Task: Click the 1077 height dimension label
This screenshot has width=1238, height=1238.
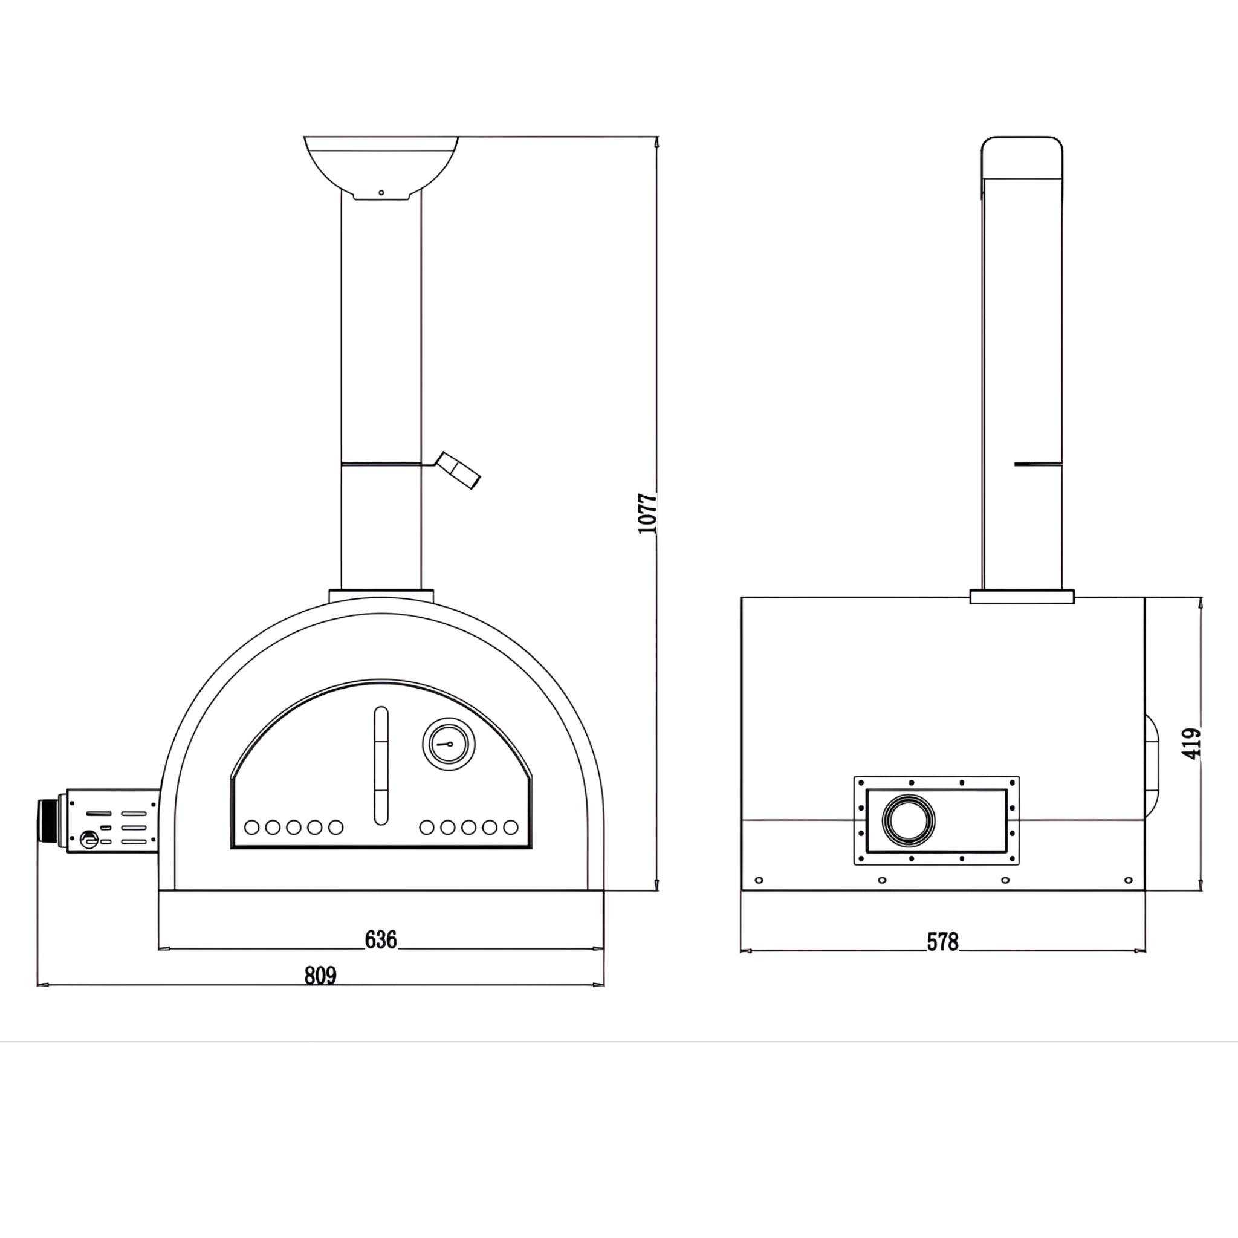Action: (x=649, y=513)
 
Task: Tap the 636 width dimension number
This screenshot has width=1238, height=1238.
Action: (x=381, y=940)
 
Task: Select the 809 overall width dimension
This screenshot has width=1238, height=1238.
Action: (x=320, y=976)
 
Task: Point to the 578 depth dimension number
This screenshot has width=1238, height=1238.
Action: (x=942, y=942)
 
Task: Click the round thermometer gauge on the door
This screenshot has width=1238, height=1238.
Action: (x=449, y=744)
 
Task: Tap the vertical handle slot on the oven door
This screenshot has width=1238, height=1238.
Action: (x=381, y=766)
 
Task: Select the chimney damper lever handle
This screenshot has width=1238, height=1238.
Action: (x=459, y=471)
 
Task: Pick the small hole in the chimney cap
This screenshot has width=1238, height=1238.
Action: (x=381, y=192)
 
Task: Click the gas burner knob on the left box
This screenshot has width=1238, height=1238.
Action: (x=89, y=839)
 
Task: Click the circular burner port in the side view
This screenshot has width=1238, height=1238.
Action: (x=908, y=819)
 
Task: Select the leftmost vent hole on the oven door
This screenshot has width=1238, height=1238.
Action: (x=252, y=828)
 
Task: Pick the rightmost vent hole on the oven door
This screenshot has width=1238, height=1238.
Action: (x=511, y=828)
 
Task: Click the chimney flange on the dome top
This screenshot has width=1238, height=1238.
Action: (x=381, y=596)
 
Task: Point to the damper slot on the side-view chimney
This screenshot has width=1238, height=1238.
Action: (x=1037, y=463)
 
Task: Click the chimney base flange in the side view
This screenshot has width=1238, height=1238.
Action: (x=1022, y=597)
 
